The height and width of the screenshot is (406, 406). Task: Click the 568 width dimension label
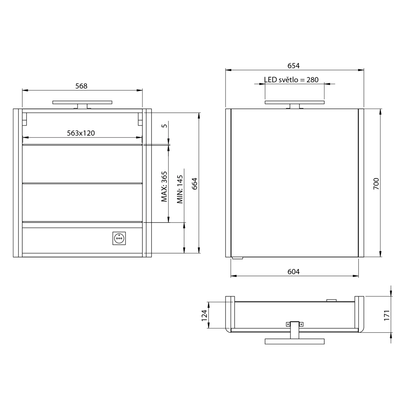tap(81, 86)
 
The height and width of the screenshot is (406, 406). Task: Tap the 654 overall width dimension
tap(293, 66)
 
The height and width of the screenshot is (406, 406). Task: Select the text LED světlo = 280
tap(291, 80)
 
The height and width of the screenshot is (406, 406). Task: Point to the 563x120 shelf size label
tap(81, 133)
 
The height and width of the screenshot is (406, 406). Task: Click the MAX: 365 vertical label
tap(164, 186)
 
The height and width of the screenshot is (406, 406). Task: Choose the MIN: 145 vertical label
tap(180, 189)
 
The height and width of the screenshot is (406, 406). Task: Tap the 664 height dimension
tap(195, 183)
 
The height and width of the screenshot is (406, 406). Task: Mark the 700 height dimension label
tap(376, 183)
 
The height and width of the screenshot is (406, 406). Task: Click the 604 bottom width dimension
tap(293, 272)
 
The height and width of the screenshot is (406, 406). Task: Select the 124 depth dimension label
tap(204, 315)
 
